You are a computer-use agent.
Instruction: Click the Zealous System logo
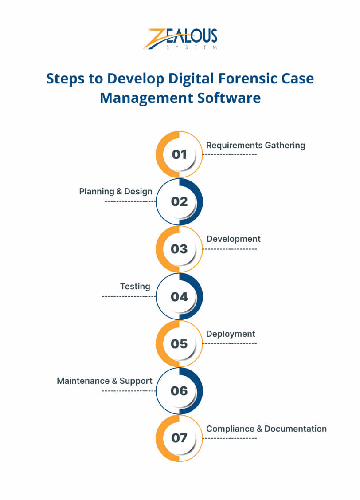[x=180, y=39]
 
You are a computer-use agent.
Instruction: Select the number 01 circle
[x=180, y=154]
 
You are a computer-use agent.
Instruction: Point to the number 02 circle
[x=180, y=201]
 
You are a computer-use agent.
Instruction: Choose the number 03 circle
[x=180, y=249]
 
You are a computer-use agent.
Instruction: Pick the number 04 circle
[x=180, y=296]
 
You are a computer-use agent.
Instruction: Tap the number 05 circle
[x=180, y=344]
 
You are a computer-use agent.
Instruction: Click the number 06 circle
[x=180, y=391]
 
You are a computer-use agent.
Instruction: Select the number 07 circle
[x=180, y=438]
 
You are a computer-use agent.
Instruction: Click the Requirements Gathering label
[x=255, y=145]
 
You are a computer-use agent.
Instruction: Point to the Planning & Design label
[x=116, y=192]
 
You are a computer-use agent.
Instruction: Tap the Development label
[x=233, y=239]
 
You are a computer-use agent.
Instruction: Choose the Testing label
[x=135, y=287]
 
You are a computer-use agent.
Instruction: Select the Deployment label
[x=231, y=334]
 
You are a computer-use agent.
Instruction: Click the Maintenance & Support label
[x=105, y=381]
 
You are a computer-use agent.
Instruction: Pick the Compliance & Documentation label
[x=266, y=429]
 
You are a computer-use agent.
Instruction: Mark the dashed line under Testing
[x=129, y=296]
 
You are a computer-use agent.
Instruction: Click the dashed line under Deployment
[x=230, y=343]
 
